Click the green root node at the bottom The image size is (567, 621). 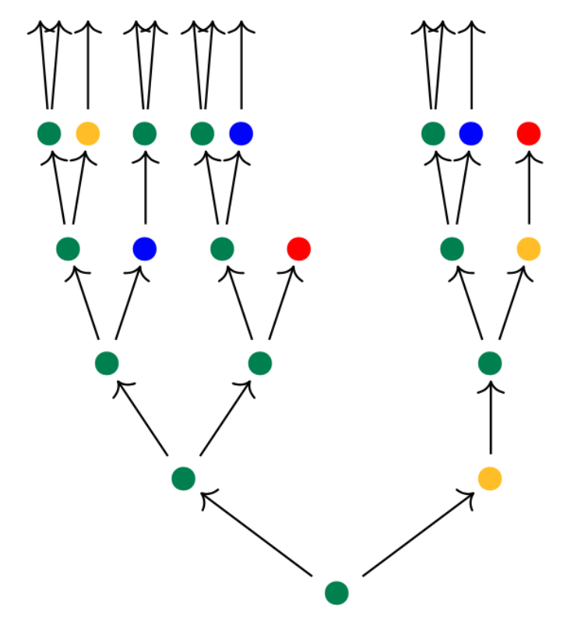click(336, 593)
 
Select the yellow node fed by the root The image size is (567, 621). click(490, 478)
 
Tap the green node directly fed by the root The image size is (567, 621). click(183, 478)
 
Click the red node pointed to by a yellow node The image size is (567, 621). click(529, 134)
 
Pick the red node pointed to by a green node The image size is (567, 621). click(298, 249)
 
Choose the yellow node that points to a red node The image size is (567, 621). click(529, 249)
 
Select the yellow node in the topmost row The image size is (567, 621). click(87, 134)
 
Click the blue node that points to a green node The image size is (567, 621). click(145, 249)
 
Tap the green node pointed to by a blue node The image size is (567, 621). click(145, 134)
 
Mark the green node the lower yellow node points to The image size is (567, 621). click(490, 363)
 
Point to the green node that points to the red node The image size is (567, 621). click(260, 363)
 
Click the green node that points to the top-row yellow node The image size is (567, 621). click(68, 249)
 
